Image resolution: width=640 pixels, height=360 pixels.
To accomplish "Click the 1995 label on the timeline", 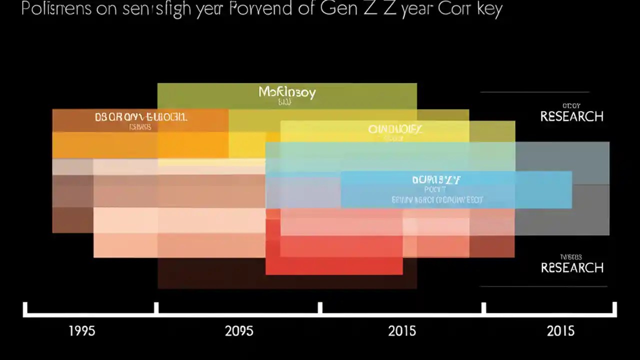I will (x=81, y=331).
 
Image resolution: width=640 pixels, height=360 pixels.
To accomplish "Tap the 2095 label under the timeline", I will (x=239, y=331).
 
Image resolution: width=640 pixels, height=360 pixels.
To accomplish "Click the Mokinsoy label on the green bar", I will (x=287, y=92).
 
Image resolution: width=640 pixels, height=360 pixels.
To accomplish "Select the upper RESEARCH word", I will (x=572, y=116).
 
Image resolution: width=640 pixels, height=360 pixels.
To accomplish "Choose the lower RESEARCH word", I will (x=572, y=267).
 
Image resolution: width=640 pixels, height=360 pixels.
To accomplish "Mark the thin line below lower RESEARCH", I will (x=543, y=286).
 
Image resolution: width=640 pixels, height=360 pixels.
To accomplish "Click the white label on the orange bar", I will (x=141, y=117).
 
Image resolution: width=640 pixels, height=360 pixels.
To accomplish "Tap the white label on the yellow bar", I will (x=395, y=129).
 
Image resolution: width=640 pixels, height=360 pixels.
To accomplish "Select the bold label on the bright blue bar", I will (x=436, y=179).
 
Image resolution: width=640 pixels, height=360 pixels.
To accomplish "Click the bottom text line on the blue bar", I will (x=437, y=200).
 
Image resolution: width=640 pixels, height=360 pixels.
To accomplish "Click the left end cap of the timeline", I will (x=25, y=309).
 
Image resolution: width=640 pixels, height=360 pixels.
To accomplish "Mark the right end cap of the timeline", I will (x=614, y=309).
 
